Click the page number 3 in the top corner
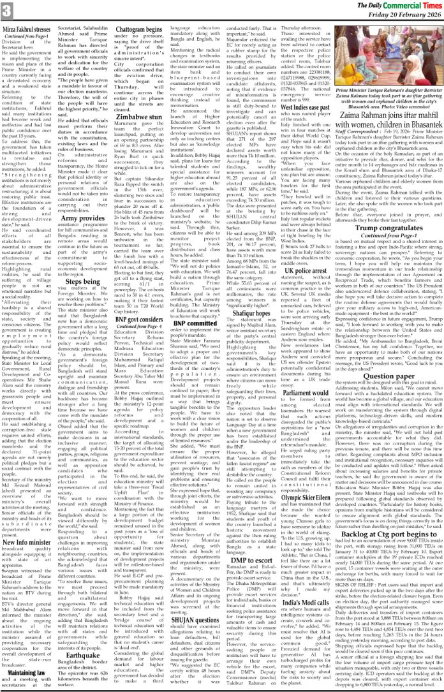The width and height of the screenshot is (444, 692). [x=6, y=10]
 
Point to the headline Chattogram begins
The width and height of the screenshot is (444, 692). [x=149, y=30]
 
